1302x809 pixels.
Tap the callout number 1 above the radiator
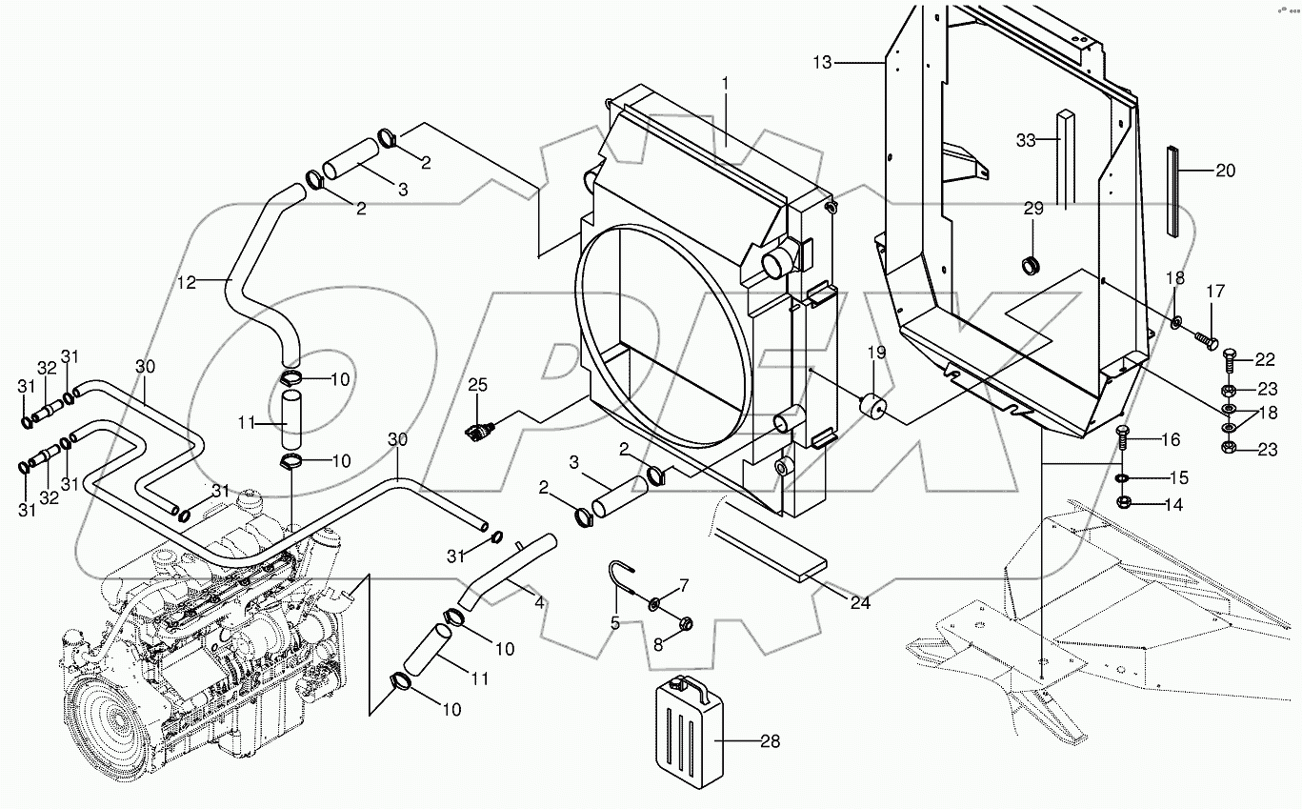(x=725, y=84)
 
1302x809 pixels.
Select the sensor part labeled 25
(x=476, y=429)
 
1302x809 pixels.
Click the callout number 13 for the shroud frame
(x=823, y=62)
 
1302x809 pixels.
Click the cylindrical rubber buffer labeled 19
(x=872, y=407)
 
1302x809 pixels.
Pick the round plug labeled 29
(x=1030, y=265)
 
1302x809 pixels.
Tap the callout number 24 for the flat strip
(x=861, y=602)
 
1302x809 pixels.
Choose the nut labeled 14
(x=1124, y=503)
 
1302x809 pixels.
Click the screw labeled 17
(x=1204, y=337)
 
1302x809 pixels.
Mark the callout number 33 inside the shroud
(x=1025, y=141)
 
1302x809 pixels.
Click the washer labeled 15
(x=1125, y=476)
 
